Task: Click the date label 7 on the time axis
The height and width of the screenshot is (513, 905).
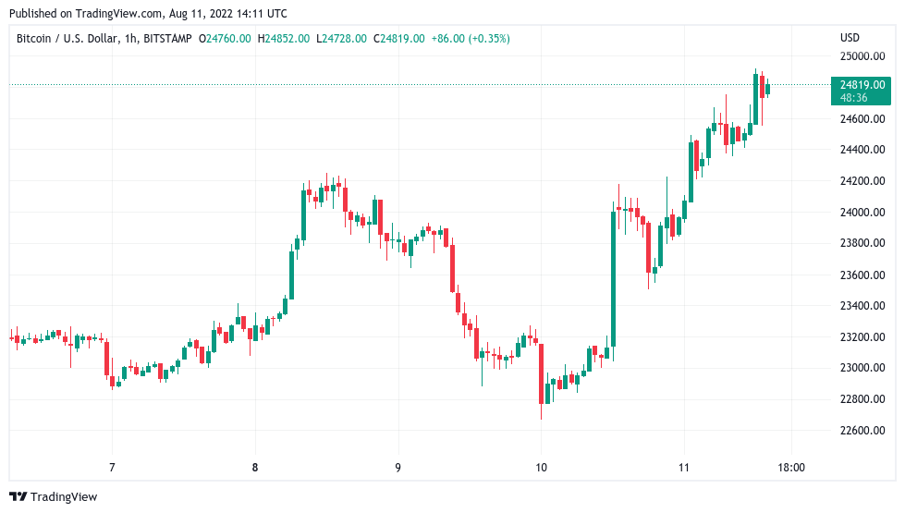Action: tap(112, 468)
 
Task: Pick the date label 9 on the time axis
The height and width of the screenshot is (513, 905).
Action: tap(397, 468)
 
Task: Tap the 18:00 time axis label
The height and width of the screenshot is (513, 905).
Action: tap(791, 468)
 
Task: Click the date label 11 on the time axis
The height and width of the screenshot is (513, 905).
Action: tap(683, 468)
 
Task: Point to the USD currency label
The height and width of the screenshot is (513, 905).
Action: tap(850, 38)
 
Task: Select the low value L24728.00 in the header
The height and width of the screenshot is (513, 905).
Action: tap(341, 38)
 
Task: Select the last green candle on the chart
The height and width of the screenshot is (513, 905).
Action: tap(767, 88)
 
